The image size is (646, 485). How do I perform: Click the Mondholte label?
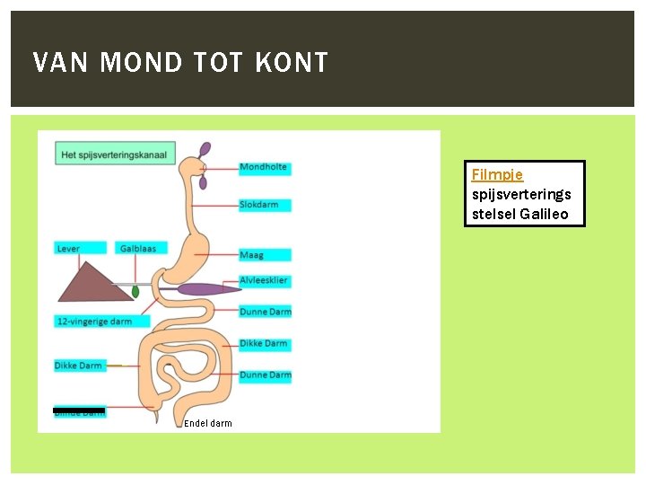(264, 167)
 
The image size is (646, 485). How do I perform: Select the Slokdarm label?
(264, 205)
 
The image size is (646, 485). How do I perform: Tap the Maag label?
(264, 255)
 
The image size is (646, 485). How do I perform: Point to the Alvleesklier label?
(264, 281)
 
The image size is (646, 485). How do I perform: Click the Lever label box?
(79, 249)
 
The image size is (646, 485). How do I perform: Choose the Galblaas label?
(139, 249)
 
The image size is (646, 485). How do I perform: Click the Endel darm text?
(208, 424)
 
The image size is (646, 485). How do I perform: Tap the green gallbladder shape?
(135, 291)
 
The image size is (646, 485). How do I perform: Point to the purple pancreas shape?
(206, 289)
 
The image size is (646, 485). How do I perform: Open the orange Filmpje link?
(497, 175)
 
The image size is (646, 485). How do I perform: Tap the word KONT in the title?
(292, 63)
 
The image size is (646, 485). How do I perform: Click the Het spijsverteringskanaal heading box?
(115, 154)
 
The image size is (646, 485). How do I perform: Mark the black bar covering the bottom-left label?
(79, 410)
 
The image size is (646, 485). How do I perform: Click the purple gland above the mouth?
(205, 148)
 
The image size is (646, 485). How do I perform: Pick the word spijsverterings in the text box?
(521, 195)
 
